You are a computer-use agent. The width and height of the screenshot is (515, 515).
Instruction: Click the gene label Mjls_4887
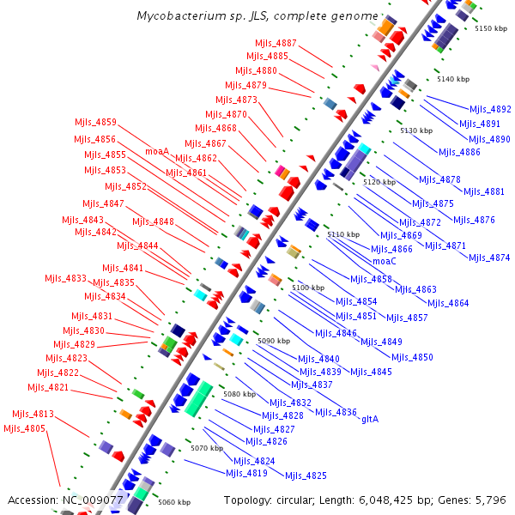[276, 43]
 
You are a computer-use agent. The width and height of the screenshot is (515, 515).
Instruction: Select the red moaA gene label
[157, 151]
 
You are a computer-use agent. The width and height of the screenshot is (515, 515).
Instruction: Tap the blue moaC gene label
[384, 261]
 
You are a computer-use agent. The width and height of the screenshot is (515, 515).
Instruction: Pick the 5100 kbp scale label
[308, 288]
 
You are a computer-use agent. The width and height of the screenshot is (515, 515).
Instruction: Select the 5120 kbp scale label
[379, 182]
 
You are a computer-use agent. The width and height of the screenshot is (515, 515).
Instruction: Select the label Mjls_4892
[490, 109]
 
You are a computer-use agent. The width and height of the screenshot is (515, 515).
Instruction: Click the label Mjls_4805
[24, 428]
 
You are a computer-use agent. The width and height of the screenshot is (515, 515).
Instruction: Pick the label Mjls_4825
[306, 476]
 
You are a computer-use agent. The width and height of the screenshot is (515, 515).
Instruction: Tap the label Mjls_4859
[95, 122]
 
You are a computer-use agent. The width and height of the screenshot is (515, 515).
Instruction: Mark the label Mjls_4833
[65, 278]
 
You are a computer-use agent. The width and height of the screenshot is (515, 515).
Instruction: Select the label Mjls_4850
[412, 357]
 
